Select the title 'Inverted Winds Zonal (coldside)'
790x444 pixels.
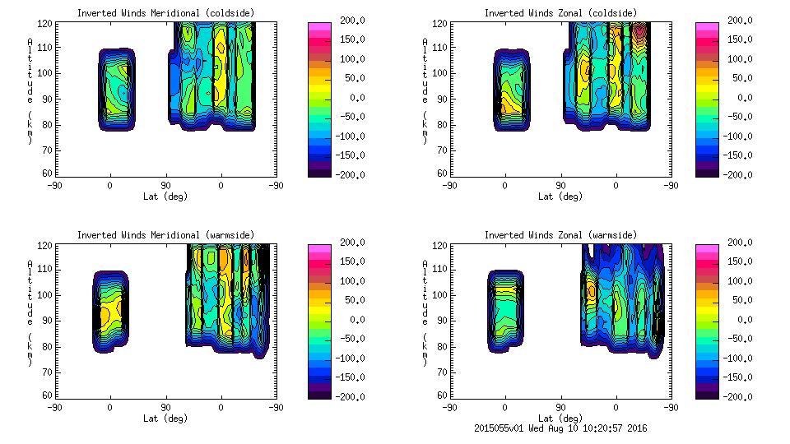[x=560, y=13]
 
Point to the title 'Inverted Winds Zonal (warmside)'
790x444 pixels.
[x=560, y=235]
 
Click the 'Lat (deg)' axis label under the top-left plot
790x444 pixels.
[x=165, y=197]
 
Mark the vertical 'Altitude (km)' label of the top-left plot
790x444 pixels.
[x=30, y=90]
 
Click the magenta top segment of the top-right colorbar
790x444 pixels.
[x=707, y=26]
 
